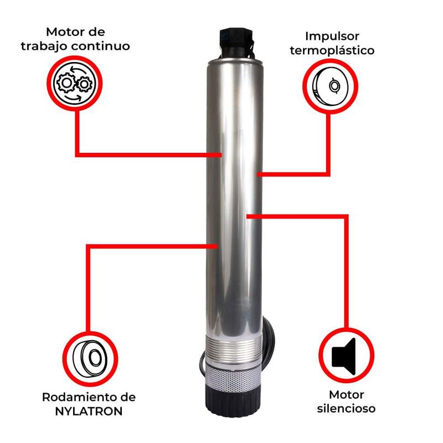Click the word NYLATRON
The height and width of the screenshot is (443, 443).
click(89, 411)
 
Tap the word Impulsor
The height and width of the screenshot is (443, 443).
click(332, 37)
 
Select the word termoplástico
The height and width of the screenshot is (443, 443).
click(332, 50)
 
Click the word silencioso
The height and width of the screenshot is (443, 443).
click(346, 408)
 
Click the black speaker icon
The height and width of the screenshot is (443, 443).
click(343, 357)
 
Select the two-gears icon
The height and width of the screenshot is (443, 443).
click(75, 84)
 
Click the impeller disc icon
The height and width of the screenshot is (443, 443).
click(330, 86)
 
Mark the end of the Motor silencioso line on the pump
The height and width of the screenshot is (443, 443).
click(247, 217)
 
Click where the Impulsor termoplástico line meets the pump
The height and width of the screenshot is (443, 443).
click(257, 174)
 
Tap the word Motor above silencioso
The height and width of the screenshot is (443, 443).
click(347, 395)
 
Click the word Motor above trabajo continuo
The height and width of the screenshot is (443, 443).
click(75, 32)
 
